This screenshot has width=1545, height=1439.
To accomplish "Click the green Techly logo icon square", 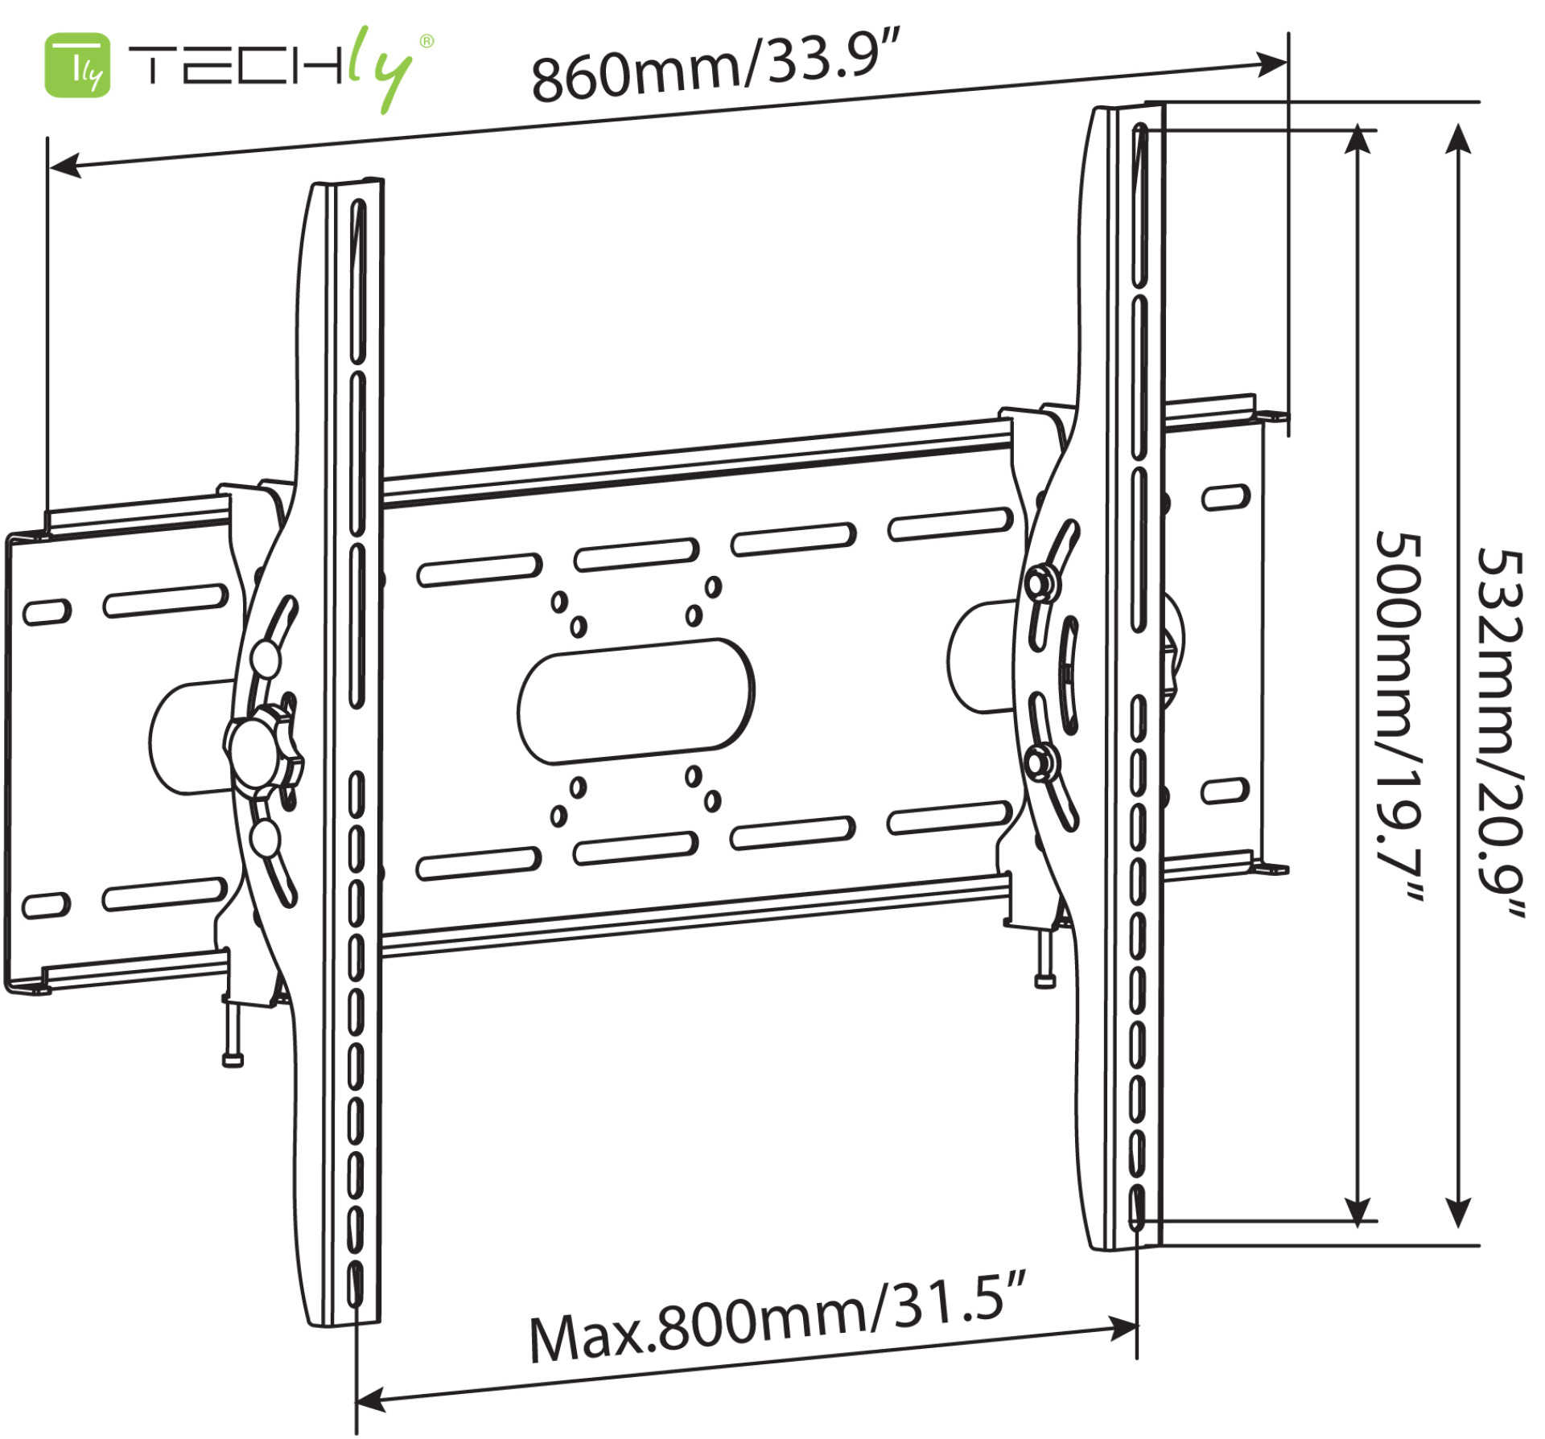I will point(77,65).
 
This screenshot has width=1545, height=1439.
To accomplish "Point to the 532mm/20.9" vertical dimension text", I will point(1500,732).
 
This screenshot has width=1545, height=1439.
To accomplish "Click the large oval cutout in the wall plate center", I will point(636,701).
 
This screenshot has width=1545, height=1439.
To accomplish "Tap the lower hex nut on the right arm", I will point(1041,760).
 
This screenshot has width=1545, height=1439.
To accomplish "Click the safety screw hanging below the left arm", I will point(232,1038).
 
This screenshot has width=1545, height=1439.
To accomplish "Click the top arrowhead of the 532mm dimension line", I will point(1459,138).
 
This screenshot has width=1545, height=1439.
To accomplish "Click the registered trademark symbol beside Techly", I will point(426,41).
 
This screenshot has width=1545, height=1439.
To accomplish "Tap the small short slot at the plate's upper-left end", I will point(46,611).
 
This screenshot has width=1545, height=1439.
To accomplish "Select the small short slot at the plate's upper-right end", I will point(1226,497).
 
